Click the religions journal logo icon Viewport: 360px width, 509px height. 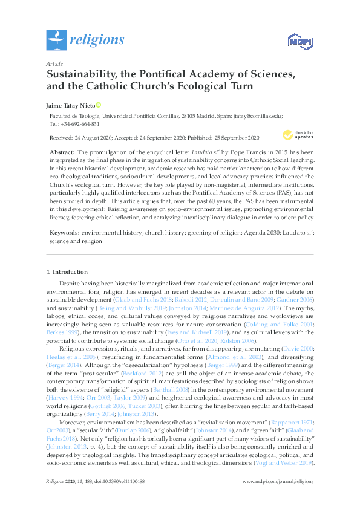[56, 41]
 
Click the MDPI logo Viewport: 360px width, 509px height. [298, 41]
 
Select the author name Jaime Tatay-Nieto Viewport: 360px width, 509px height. [70, 105]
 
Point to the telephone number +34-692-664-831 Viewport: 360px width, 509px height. [79, 123]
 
